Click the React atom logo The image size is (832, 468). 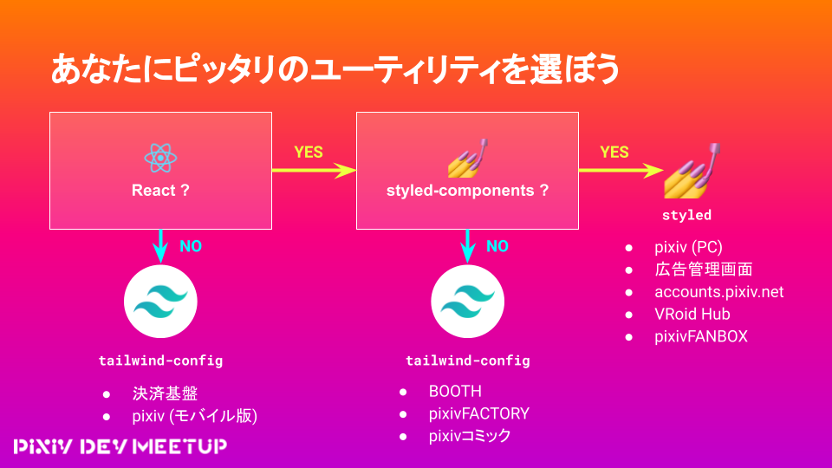160,158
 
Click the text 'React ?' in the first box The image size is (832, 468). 160,191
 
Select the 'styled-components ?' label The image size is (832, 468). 467,191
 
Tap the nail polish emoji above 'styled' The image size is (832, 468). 692,171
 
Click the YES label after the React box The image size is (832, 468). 309,153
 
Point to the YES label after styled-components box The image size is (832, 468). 614,153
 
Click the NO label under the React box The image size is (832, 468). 191,246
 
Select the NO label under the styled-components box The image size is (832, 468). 497,246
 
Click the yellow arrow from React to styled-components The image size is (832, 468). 314,171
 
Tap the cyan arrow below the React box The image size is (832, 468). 160,246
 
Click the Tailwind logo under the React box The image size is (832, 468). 160,302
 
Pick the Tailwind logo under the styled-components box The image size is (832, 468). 467,302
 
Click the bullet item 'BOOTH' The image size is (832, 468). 455,392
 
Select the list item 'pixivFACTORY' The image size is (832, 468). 479,414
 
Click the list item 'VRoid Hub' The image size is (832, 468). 692,314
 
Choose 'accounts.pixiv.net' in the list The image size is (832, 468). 719,292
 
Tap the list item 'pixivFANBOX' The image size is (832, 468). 701,336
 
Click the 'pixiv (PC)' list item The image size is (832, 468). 688,247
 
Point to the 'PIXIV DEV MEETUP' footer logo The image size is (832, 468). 120,447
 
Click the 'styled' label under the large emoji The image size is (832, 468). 686,215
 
